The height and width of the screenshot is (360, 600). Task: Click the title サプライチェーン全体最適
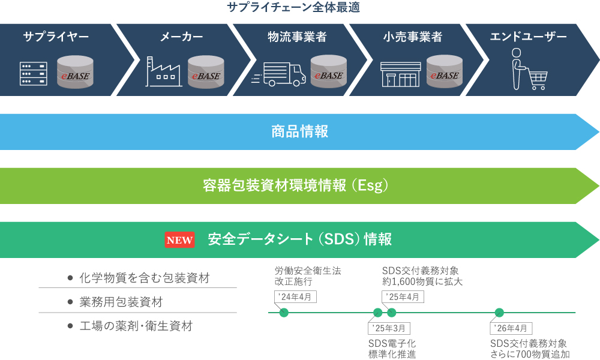[293, 7]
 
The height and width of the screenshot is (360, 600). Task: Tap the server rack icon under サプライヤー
[34, 73]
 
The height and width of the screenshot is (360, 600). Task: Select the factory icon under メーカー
[163, 71]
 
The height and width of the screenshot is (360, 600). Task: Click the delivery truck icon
[278, 74]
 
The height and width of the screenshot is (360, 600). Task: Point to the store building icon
[400, 74]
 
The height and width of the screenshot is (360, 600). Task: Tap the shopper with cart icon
[529, 69]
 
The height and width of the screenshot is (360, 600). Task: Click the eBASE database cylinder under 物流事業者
[328, 71]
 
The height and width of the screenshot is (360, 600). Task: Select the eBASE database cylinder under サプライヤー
[75, 72]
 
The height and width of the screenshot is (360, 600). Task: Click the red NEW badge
[179, 240]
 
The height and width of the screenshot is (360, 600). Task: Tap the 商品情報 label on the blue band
[299, 131]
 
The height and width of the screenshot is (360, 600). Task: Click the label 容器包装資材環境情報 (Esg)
[296, 185]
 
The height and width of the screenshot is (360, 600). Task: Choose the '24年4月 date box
[295, 297]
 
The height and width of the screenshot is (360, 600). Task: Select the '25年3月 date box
[389, 328]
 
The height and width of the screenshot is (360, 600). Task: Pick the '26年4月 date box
[511, 328]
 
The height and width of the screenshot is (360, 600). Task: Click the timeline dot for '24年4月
[284, 313]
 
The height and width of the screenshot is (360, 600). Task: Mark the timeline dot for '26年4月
[499, 313]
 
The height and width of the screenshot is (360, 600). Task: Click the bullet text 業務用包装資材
[121, 302]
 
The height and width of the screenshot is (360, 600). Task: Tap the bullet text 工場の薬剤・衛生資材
[136, 326]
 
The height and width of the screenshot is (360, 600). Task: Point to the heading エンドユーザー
[528, 37]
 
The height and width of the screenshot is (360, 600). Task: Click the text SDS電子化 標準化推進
[392, 349]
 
